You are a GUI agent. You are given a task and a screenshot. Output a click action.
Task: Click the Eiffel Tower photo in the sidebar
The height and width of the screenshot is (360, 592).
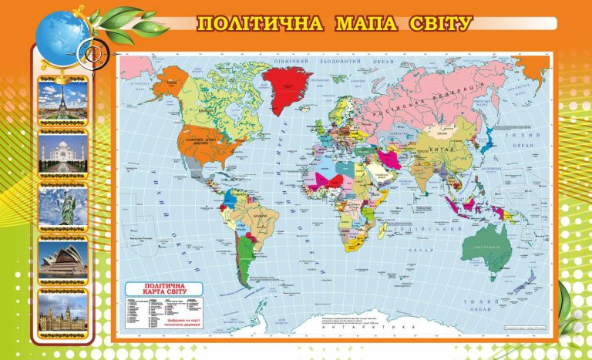63,100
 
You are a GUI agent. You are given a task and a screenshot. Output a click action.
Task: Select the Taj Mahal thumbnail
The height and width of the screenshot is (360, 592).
63,153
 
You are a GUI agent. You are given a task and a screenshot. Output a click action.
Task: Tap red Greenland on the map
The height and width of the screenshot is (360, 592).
287,79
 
